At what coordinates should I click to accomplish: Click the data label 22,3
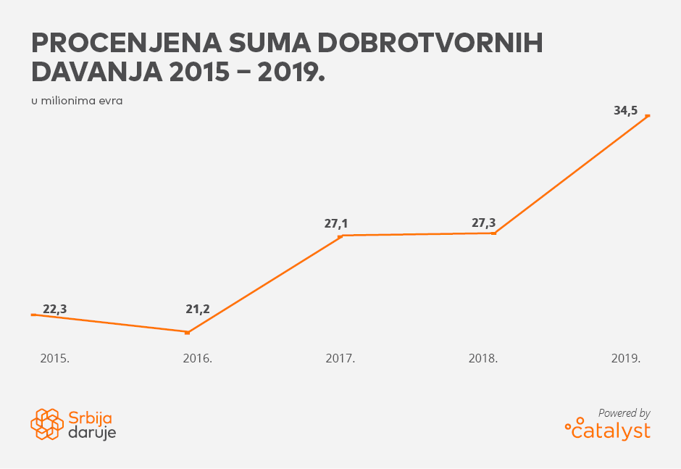click(x=55, y=310)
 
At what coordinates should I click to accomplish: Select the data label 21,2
click(x=198, y=310)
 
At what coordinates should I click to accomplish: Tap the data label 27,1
click(x=336, y=224)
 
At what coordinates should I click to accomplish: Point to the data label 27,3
click(x=484, y=223)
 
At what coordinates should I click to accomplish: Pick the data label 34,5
click(x=626, y=111)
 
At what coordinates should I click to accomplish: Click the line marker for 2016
click(x=188, y=333)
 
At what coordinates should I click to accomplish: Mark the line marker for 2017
click(x=340, y=236)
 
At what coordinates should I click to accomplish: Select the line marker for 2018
click(x=494, y=233)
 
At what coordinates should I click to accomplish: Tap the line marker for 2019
click(x=648, y=116)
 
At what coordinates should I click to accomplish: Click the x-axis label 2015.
click(x=55, y=359)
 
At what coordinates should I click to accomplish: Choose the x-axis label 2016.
click(x=198, y=359)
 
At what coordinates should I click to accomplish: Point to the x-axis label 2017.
click(x=340, y=359)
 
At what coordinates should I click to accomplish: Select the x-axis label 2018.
click(x=483, y=359)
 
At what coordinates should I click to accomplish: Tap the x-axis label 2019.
click(x=627, y=359)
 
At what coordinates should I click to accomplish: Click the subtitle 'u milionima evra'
click(x=77, y=101)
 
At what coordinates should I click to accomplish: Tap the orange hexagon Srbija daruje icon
click(x=47, y=424)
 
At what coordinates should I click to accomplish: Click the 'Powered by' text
click(x=624, y=413)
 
